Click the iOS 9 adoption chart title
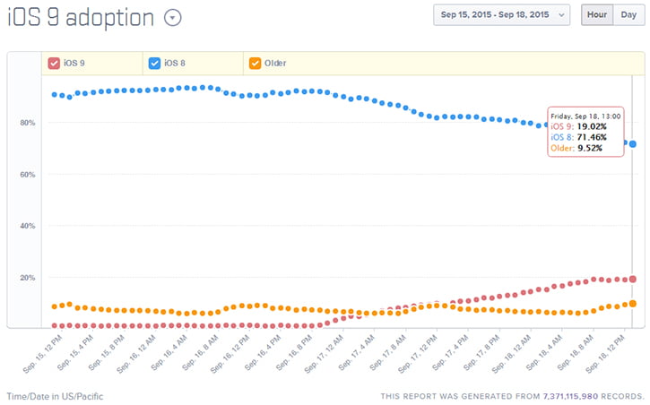[80, 18]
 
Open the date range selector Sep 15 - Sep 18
[501, 15]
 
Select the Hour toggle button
[596, 15]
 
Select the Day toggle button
[628, 15]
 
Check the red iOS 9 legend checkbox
[54, 63]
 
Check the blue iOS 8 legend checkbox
[154, 63]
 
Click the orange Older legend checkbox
[255, 63]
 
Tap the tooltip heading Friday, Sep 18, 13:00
[585, 116]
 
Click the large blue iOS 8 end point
[633, 144]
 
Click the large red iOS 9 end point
[633, 280]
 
